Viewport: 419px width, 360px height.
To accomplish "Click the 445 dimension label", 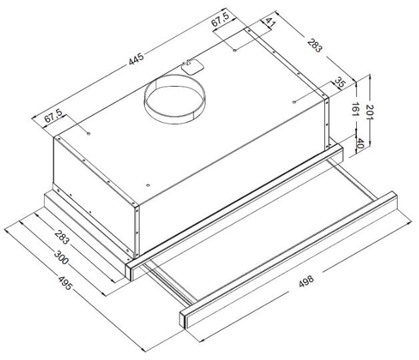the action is (x=136, y=59).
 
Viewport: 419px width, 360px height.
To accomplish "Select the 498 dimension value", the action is (x=306, y=281).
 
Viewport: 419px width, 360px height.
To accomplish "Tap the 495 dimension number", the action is (x=65, y=283).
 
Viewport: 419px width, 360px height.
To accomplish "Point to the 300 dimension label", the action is (x=61, y=257).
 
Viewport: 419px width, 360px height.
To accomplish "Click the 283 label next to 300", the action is (x=62, y=237).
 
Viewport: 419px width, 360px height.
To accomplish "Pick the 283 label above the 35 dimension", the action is (x=315, y=46).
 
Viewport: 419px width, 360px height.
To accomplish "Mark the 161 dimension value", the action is (x=356, y=109).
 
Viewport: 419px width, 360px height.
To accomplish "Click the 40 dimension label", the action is (x=360, y=143).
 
